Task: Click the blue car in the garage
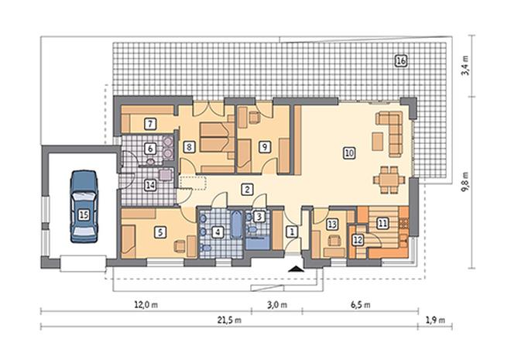[84, 207]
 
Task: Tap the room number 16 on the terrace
[401, 61]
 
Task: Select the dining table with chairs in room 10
[389, 180]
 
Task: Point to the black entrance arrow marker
[296, 269]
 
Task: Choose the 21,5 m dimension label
[229, 321]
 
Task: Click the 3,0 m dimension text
[277, 305]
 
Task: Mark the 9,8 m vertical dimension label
[465, 182]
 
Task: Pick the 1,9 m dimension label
[435, 321]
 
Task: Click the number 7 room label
[150, 124]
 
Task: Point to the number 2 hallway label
[247, 190]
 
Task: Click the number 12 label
[358, 240]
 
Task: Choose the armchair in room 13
[334, 241]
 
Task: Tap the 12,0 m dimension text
[146, 305]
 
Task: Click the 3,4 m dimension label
[465, 66]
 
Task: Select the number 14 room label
[150, 185]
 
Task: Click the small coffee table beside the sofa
[377, 141]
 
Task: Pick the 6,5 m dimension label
[361, 305]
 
